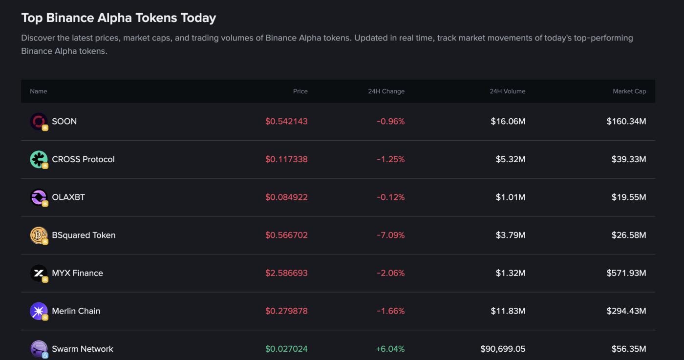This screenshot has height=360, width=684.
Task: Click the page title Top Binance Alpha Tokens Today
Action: pyautogui.click(x=118, y=18)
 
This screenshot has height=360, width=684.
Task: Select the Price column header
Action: pyautogui.click(x=300, y=91)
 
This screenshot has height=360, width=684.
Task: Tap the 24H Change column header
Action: pyautogui.click(x=386, y=91)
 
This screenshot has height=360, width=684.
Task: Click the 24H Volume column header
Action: pyautogui.click(x=507, y=91)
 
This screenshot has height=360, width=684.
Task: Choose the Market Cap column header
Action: pyautogui.click(x=629, y=91)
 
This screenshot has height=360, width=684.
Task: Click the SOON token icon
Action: pyautogui.click(x=39, y=122)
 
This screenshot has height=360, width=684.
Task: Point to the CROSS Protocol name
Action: pyautogui.click(x=83, y=159)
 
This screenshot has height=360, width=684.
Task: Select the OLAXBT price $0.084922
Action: pyautogui.click(x=286, y=197)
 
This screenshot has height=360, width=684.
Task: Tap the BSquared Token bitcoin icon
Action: pyautogui.click(x=39, y=235)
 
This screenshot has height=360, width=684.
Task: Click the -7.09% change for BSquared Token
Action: pyautogui.click(x=390, y=235)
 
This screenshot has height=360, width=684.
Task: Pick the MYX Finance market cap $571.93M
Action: pyautogui.click(x=626, y=273)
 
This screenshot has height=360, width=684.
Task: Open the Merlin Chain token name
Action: pyautogui.click(x=76, y=311)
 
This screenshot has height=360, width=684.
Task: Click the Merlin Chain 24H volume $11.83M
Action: pyautogui.click(x=508, y=311)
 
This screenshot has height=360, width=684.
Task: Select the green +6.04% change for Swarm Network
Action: pyautogui.click(x=390, y=349)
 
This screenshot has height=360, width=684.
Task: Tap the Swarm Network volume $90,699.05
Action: pyautogui.click(x=503, y=349)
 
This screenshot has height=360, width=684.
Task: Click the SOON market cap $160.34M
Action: pyautogui.click(x=626, y=122)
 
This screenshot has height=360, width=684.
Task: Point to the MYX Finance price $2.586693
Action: pyautogui.click(x=286, y=273)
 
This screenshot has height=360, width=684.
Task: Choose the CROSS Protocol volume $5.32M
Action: pyautogui.click(x=510, y=159)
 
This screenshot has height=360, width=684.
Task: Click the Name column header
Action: pyautogui.click(x=39, y=91)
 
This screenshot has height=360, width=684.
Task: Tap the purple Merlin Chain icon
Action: pyautogui.click(x=39, y=311)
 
